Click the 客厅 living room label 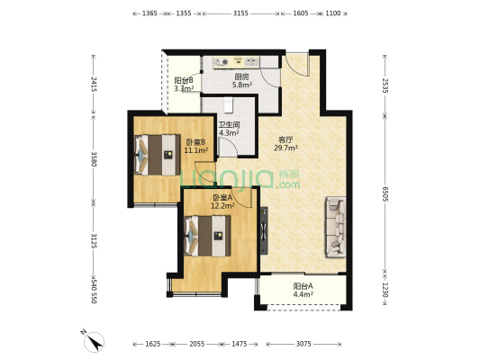[x=285, y=139]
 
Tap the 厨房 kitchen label [x=241, y=77]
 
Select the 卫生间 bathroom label [x=229, y=125]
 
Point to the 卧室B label [x=195, y=142]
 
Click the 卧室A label [x=222, y=198]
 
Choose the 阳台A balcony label [x=303, y=286]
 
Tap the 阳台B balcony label [x=184, y=80]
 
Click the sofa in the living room [x=336, y=227]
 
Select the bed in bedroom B [x=158, y=155]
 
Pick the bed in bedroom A [x=207, y=236]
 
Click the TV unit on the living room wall [x=264, y=231]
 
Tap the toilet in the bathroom [x=228, y=104]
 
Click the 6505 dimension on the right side [x=385, y=193]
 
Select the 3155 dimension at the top [x=240, y=13]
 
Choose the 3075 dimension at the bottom [x=303, y=344]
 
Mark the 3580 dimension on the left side [x=94, y=159]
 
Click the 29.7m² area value [x=285, y=148]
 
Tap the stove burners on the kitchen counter [x=221, y=62]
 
